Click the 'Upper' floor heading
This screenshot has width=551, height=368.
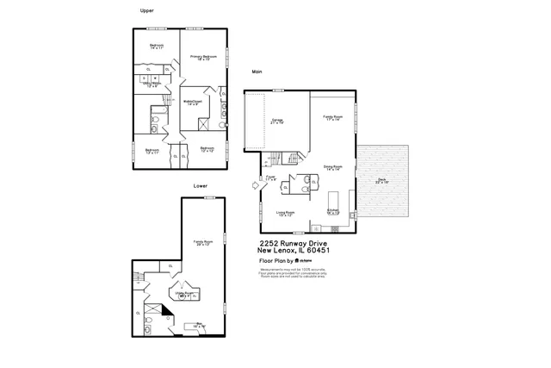tap(146, 10)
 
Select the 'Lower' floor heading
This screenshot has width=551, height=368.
tap(200, 185)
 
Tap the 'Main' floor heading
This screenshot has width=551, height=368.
tap(257, 72)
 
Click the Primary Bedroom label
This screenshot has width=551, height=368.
tap(203, 57)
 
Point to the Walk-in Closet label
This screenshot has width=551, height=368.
tap(192, 102)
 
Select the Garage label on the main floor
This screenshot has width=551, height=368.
tap(277, 121)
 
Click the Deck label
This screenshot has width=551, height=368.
tap(381, 181)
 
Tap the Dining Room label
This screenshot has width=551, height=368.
tap(333, 167)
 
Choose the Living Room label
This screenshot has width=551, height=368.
tap(286, 213)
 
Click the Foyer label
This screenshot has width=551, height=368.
tap(269, 178)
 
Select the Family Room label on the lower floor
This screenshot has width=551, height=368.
tap(203, 242)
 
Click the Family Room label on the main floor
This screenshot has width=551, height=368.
tap(333, 117)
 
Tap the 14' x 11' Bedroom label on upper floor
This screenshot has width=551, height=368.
tap(157, 47)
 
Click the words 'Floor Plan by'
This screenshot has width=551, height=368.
tap(276, 259)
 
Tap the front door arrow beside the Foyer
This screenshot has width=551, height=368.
tap(255, 183)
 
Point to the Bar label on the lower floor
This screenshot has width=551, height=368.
tap(198, 326)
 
